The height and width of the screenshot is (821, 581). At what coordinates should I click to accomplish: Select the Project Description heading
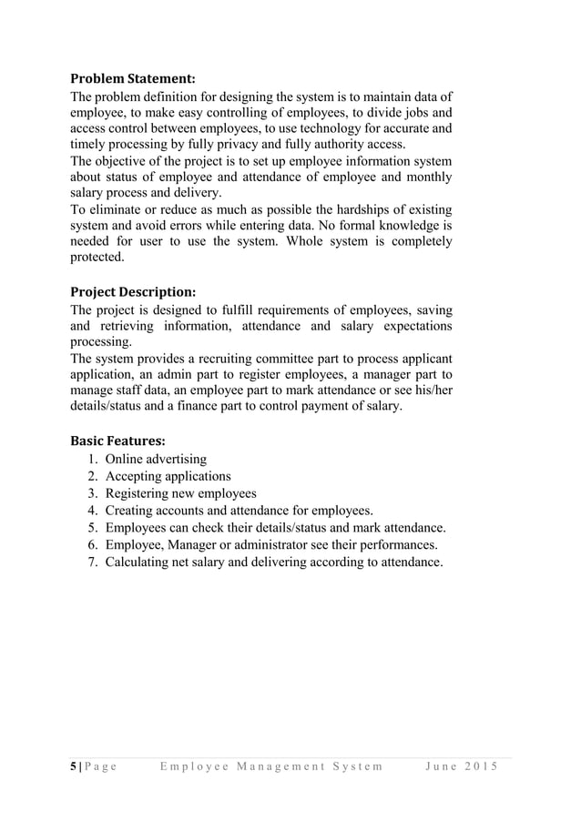pos(133,292)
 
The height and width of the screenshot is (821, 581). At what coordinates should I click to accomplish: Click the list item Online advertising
pos(156,460)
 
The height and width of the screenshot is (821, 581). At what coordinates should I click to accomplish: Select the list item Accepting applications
pos(168,476)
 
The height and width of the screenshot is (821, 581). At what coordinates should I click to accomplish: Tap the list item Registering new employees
pos(180,493)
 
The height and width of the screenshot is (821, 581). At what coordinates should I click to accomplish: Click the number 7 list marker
pos(93,562)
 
